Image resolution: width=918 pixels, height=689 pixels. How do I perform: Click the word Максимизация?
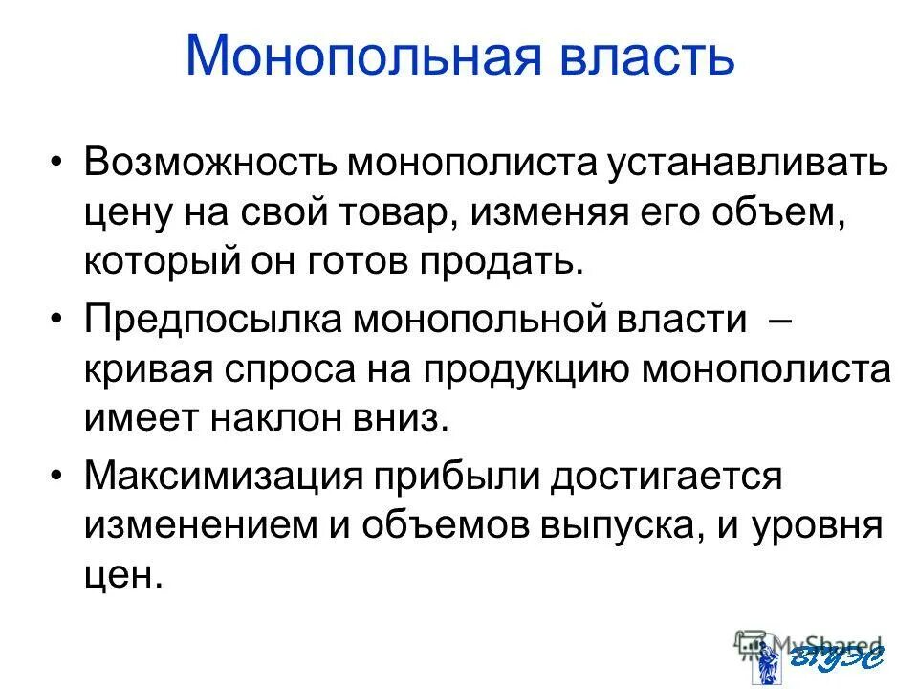[225, 477]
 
